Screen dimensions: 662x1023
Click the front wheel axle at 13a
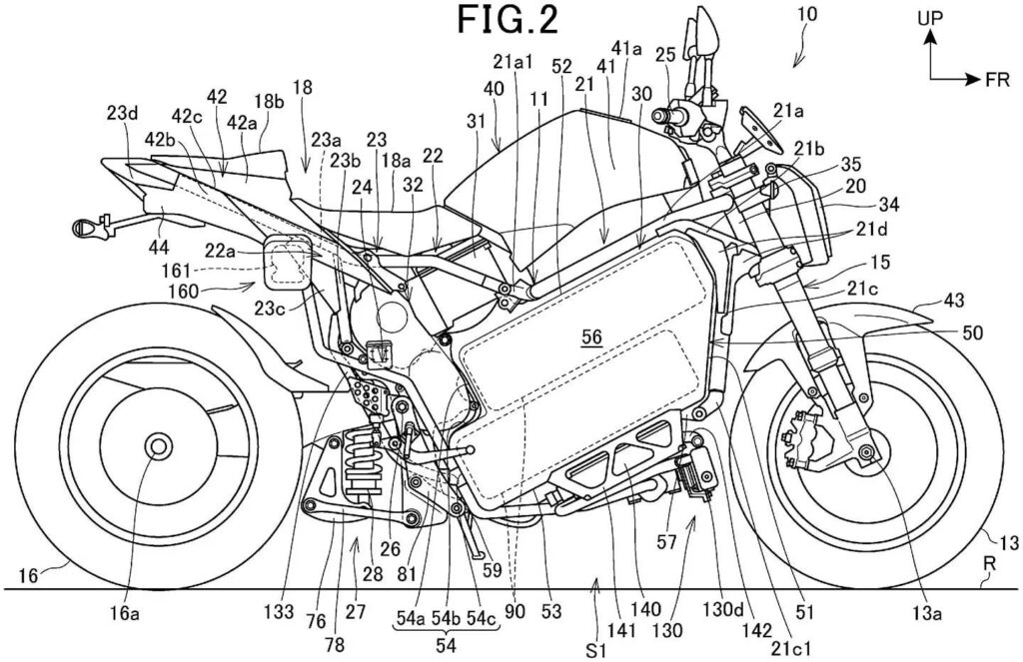coord(865,454)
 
